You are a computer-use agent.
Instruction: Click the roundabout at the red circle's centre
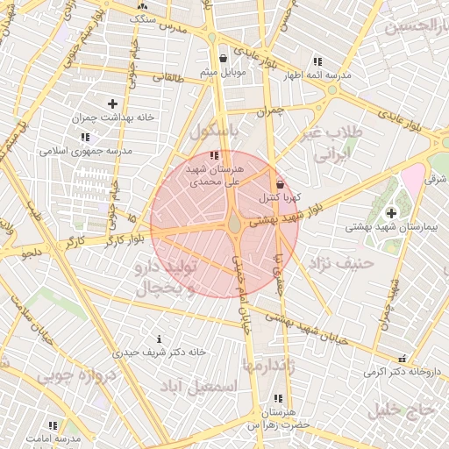point(235,225)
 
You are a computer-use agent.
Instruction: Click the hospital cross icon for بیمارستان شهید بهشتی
point(390,212)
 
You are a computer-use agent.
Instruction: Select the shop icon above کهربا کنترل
point(280,185)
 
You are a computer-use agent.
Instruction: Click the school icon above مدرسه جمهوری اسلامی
point(85,137)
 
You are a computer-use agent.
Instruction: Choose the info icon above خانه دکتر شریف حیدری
point(158,339)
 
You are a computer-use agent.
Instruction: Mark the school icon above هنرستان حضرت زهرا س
point(278,398)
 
